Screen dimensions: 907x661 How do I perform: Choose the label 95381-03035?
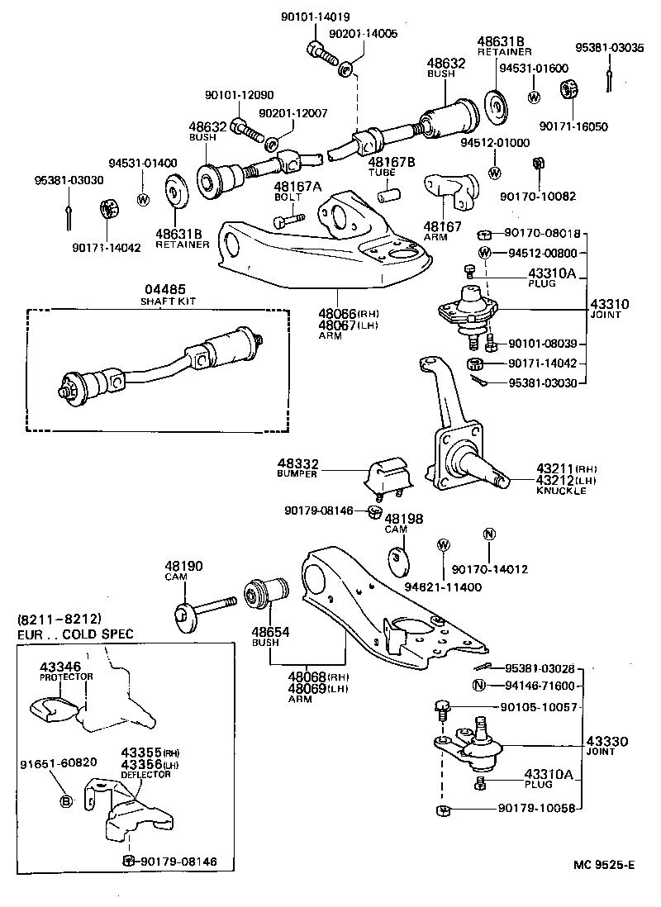(610, 47)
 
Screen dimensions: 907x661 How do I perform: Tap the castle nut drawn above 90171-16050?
(568, 88)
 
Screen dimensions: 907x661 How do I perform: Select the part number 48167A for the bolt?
(297, 188)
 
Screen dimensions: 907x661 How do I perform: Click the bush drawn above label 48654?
(267, 593)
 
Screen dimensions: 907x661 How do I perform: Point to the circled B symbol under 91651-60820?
(67, 800)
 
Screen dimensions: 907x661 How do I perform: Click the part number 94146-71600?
(538, 686)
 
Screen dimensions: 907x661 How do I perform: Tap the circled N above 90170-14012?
(488, 534)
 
